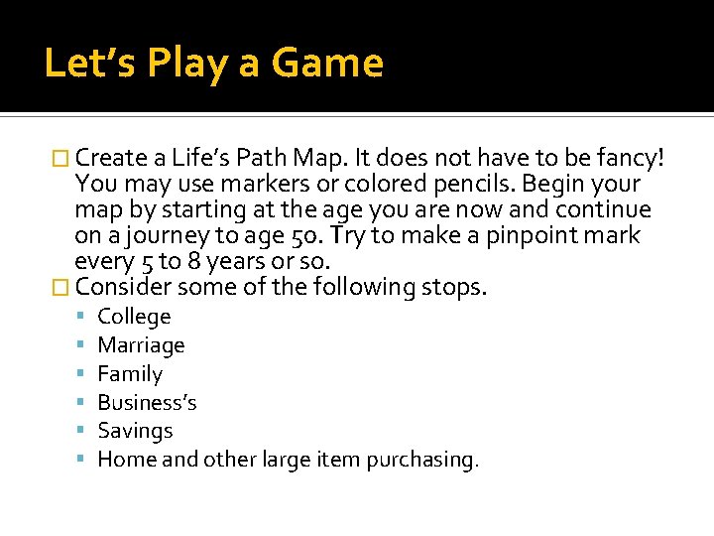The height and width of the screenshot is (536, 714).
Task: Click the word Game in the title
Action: [327, 64]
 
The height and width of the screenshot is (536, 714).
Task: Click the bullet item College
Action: [134, 317]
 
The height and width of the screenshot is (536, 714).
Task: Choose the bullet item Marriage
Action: [141, 345]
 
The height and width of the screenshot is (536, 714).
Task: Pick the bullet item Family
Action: [130, 374]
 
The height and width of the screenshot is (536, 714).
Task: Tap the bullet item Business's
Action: [147, 402]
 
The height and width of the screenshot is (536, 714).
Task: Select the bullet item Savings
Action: [135, 431]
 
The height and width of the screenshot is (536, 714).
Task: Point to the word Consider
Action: [123, 288]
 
